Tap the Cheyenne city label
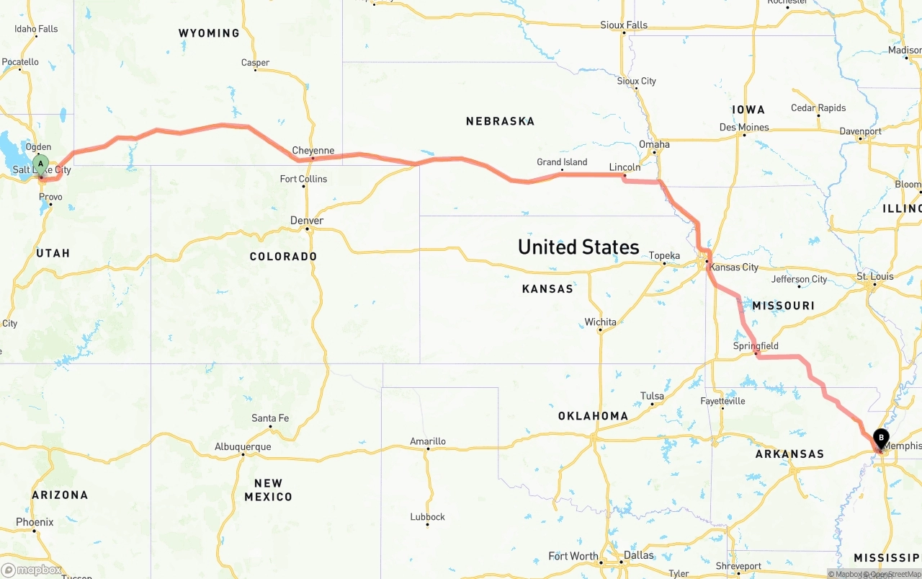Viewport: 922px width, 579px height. (x=313, y=151)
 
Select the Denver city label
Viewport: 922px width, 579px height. (x=307, y=220)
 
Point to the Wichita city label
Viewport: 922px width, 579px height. (x=600, y=322)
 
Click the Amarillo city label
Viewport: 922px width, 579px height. (x=428, y=441)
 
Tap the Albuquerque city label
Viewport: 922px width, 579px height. (x=243, y=446)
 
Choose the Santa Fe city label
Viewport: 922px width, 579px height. (x=270, y=417)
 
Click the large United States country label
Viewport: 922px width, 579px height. (x=578, y=247)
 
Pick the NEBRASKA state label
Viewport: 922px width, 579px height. (x=500, y=121)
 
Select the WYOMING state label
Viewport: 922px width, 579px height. (x=209, y=33)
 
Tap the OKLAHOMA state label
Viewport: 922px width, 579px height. (x=593, y=415)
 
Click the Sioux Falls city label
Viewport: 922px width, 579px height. (x=624, y=25)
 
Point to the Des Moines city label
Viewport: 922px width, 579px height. (x=744, y=127)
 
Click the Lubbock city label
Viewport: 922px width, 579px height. (x=428, y=516)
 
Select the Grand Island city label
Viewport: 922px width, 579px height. (x=562, y=162)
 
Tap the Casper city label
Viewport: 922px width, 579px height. (x=255, y=63)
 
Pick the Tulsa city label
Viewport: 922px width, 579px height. (x=652, y=396)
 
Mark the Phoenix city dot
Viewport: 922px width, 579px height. (x=34, y=531)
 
